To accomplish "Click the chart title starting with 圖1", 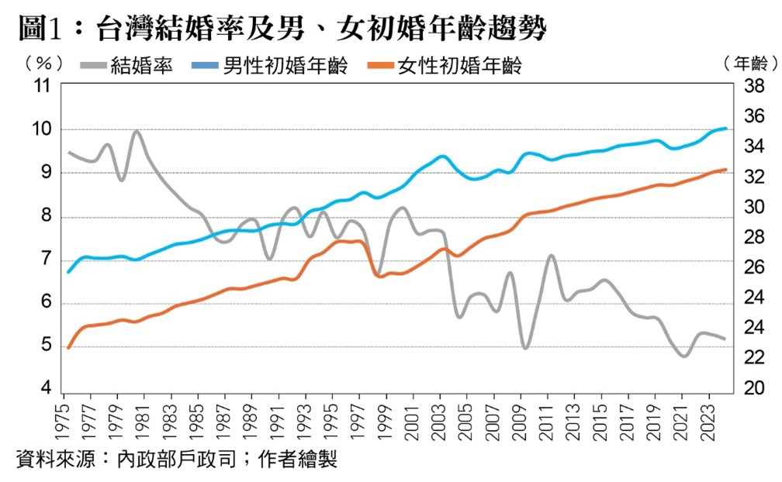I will [x=280, y=29].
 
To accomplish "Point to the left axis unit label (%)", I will [x=38, y=63].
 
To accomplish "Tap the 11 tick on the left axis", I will [x=37, y=86].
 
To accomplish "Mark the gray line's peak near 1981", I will [x=137, y=131].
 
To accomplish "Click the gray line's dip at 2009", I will [x=526, y=347].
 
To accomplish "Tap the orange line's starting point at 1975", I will [x=68, y=347].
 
